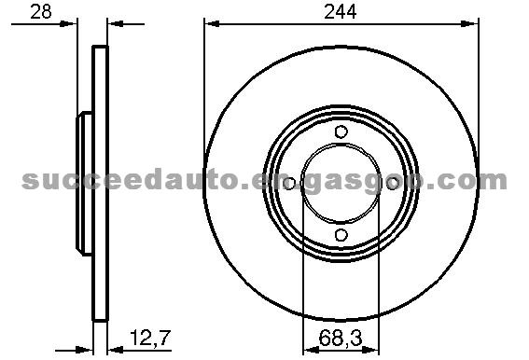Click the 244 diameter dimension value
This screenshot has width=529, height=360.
[340, 12]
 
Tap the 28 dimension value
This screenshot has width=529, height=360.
[41, 12]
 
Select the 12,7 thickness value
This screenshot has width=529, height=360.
[150, 338]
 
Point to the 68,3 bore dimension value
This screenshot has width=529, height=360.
[341, 339]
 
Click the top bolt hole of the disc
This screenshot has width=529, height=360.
[341, 132]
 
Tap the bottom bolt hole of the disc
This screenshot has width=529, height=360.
[341, 235]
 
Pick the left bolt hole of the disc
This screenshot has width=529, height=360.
[289, 184]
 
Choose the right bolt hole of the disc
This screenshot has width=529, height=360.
[393, 184]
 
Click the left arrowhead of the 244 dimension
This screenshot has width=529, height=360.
[213, 24]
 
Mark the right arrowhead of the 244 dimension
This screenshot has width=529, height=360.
[470, 24]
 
